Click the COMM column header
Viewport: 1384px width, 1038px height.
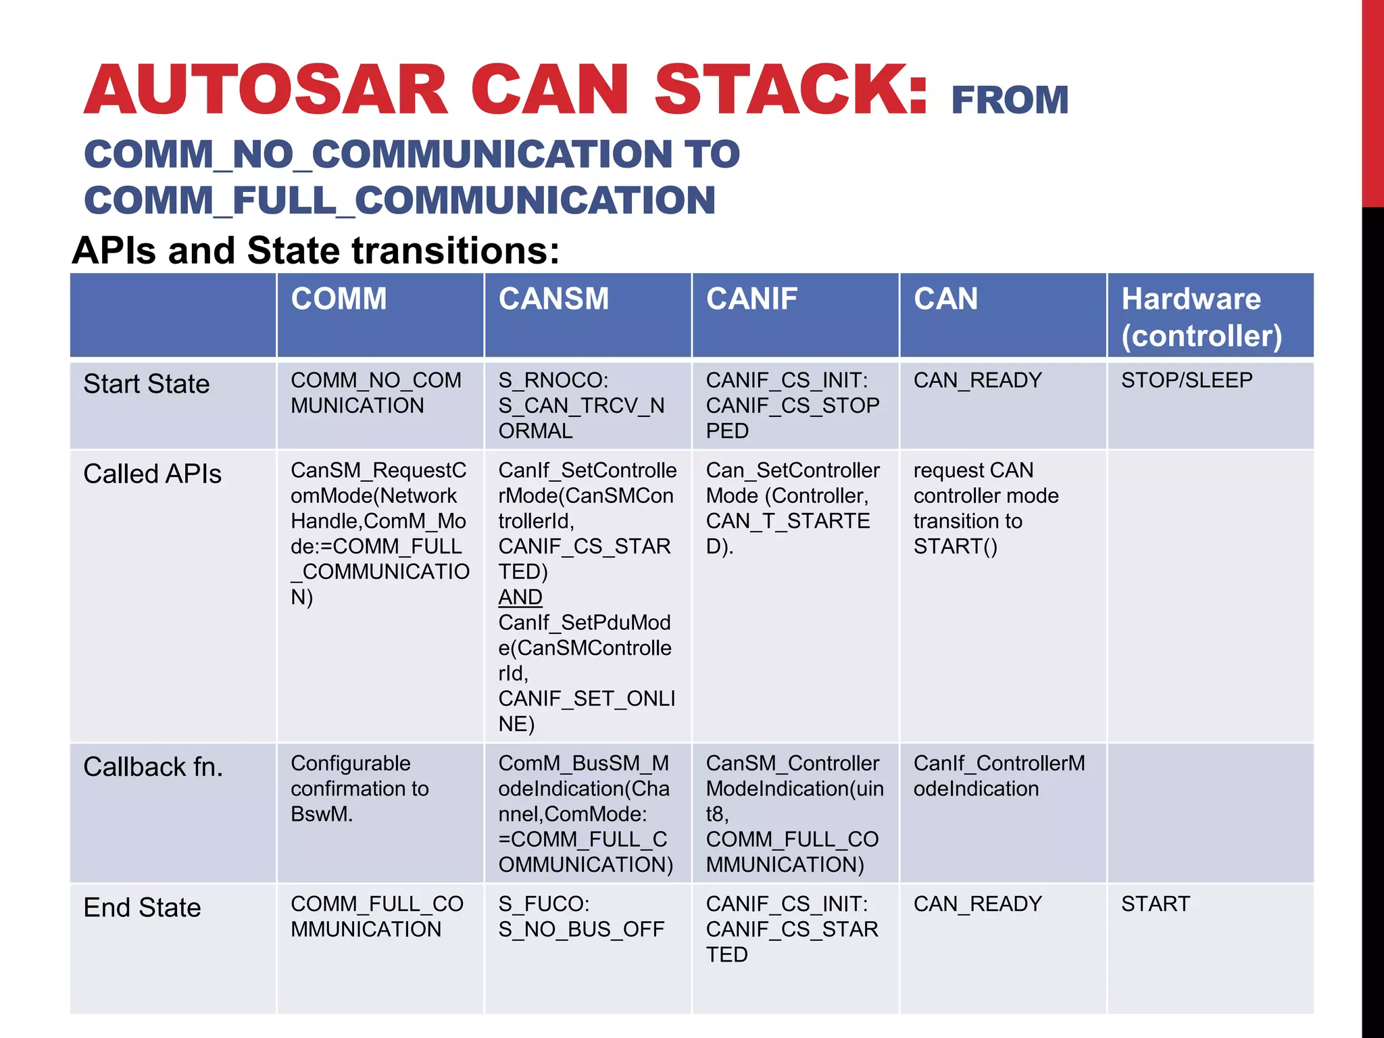(339, 299)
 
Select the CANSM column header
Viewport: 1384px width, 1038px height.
(553, 299)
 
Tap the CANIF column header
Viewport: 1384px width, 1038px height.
(751, 299)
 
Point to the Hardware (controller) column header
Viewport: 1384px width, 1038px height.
(1201, 317)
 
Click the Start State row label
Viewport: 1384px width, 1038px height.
(147, 384)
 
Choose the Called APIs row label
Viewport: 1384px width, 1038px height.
(152, 474)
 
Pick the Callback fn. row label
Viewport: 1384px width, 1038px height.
(153, 767)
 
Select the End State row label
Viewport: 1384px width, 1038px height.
(142, 907)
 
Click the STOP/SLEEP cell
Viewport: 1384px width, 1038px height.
(1187, 380)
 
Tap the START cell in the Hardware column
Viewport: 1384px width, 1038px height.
(1156, 904)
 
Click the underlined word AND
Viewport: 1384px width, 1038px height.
(520, 597)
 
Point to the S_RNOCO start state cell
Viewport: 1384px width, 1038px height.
(582, 405)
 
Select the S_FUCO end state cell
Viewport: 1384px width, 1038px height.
(581, 916)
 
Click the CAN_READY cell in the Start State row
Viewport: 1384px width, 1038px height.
(977, 380)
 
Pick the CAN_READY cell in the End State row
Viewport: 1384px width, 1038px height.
(977, 904)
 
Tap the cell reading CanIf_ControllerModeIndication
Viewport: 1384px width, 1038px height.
(999, 776)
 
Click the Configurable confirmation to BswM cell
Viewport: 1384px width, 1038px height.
(360, 789)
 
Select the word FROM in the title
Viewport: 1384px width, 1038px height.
(1010, 100)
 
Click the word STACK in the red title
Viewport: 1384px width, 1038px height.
(791, 89)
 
